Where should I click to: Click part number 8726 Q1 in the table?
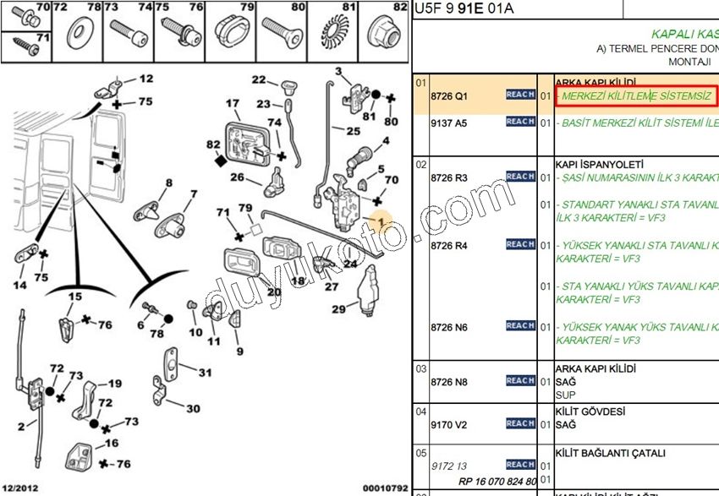click(448, 96)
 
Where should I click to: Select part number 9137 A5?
click(448, 123)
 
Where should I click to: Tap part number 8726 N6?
click(448, 327)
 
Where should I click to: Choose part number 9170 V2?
click(448, 425)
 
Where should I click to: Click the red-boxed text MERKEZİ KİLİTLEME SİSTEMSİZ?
click(635, 96)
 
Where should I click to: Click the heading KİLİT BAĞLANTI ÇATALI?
click(610, 454)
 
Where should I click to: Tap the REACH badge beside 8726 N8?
click(520, 381)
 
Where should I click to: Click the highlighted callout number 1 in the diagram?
click(381, 222)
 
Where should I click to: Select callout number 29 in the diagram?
click(338, 309)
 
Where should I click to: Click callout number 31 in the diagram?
click(206, 373)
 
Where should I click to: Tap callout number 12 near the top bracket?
click(146, 79)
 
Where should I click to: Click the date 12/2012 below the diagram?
click(21, 488)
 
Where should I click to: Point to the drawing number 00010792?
click(385, 488)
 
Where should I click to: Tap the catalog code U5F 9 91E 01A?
click(464, 9)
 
